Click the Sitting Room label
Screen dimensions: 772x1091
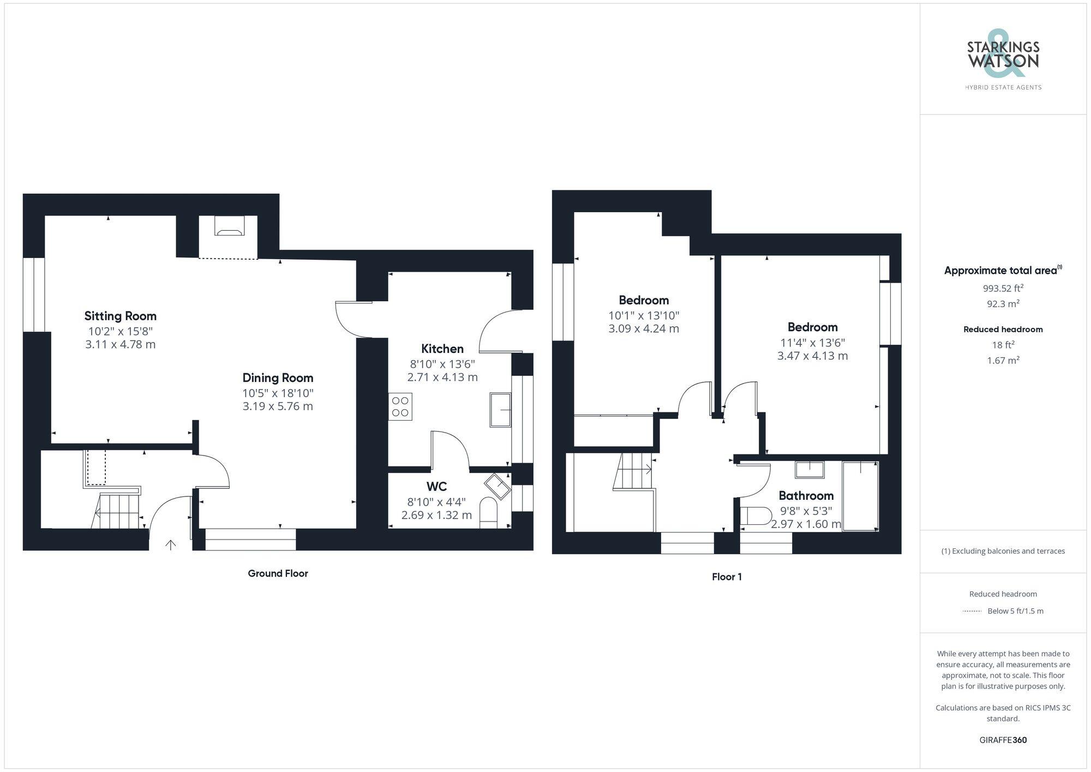coord(120,316)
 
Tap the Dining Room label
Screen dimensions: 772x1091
coord(278,378)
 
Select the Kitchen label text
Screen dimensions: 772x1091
coord(442,349)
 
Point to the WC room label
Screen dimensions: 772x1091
coord(436,486)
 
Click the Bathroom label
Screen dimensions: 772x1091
coord(806,495)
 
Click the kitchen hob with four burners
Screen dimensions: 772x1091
coord(400,406)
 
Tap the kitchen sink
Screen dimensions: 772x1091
coord(500,409)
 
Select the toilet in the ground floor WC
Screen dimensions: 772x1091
coord(488,512)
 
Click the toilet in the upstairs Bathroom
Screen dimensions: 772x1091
coord(756,516)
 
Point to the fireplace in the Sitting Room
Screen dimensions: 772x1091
coord(229,226)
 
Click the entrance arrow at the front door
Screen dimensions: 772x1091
coord(171,544)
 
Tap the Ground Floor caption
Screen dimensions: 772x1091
coord(278,573)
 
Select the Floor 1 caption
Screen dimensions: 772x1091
coord(727,577)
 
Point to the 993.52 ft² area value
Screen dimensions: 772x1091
coord(1003,288)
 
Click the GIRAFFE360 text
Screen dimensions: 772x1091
coord(1003,740)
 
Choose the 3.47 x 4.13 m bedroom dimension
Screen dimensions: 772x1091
coord(812,356)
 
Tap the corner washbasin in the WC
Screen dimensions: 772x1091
coord(497,486)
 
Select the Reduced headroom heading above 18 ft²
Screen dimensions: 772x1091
coord(1003,329)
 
